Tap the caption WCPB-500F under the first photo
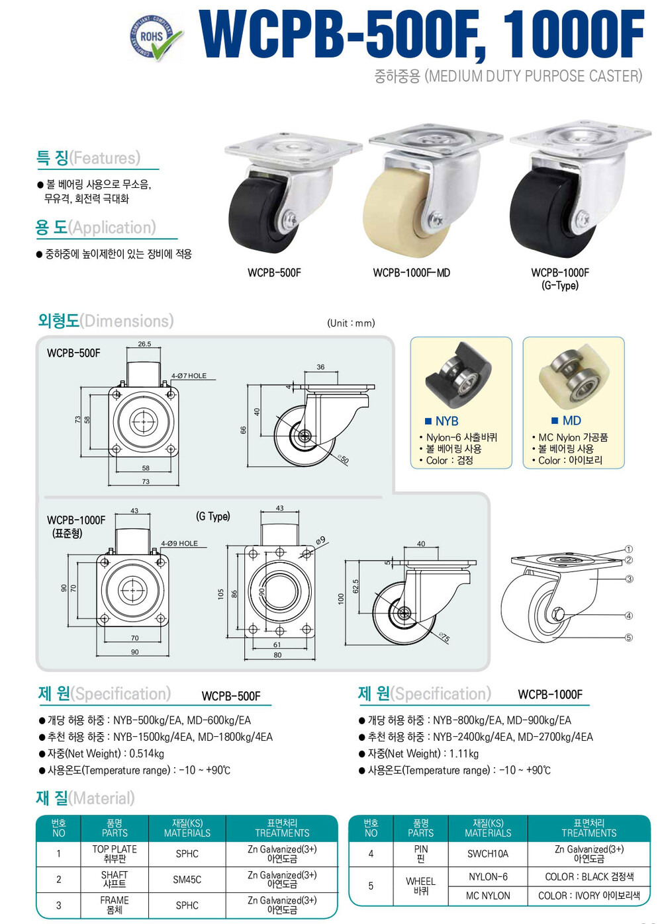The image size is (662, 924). pyautogui.click(x=274, y=273)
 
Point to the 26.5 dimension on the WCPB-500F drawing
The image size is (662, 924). pyautogui.click(x=144, y=344)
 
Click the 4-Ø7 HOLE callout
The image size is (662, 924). pyautogui.click(x=189, y=376)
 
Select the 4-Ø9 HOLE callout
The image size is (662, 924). pyautogui.click(x=179, y=544)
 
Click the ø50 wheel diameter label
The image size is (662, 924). pyautogui.click(x=343, y=459)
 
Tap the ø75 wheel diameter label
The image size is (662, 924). pyautogui.click(x=444, y=638)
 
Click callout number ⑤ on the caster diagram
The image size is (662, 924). pyautogui.click(x=628, y=638)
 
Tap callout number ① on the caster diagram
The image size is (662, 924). pyautogui.click(x=628, y=549)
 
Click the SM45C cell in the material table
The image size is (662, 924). pyautogui.click(x=187, y=880)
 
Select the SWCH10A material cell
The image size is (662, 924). pyautogui.click(x=488, y=853)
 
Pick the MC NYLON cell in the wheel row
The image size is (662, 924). pyautogui.click(x=488, y=896)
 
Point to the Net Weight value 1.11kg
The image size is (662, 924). pyautogui.click(x=464, y=753)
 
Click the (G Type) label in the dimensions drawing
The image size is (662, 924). pyautogui.click(x=213, y=517)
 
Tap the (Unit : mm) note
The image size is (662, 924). pyautogui.click(x=351, y=323)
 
